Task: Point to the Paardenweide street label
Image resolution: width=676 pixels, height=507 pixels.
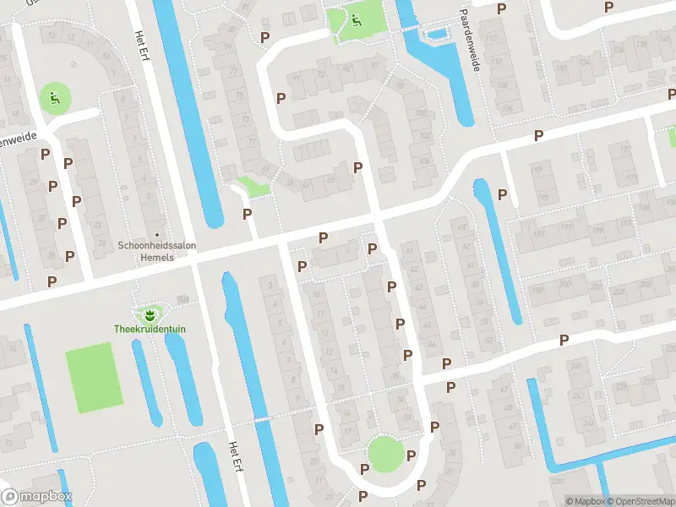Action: (x=471, y=38)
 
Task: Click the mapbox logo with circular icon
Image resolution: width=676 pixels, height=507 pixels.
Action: (x=37, y=497)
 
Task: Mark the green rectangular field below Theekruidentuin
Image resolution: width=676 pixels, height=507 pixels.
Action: (x=90, y=377)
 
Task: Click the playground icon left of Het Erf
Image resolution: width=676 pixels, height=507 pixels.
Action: (x=54, y=97)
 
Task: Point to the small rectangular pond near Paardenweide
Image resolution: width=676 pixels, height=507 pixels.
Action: (x=437, y=35)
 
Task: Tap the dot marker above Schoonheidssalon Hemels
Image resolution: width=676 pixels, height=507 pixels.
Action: (x=156, y=235)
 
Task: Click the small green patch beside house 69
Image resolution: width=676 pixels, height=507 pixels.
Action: (x=251, y=186)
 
